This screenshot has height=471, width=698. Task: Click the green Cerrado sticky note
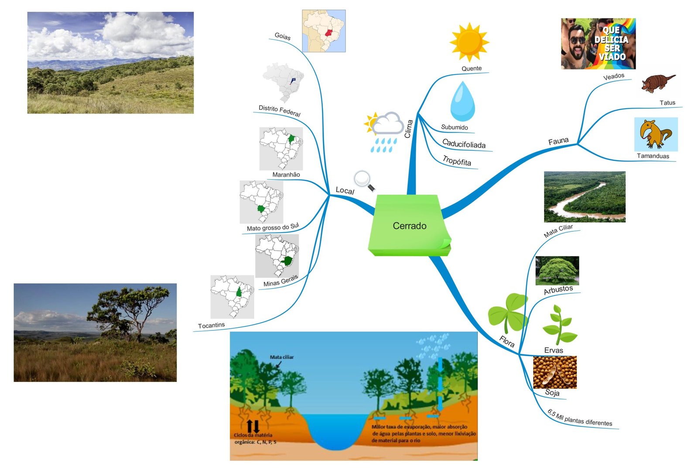[x=409, y=225]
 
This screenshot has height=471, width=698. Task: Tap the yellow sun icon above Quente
[x=469, y=42]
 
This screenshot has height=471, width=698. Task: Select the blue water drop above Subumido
[x=462, y=102]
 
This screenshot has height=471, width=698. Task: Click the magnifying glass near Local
[x=364, y=180]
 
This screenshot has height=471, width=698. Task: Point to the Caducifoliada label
[x=464, y=144]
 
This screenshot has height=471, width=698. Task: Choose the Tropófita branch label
[x=457, y=161]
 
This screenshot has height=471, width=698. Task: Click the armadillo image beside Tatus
[x=657, y=83]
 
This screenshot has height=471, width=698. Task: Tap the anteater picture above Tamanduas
[x=656, y=134]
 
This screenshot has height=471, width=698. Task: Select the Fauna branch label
[x=558, y=141]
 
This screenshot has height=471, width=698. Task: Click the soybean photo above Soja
[x=554, y=372]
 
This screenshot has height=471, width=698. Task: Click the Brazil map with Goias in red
[x=324, y=31]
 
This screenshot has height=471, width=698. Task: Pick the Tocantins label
[x=211, y=326]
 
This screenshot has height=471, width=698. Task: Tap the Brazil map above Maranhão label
[x=281, y=148]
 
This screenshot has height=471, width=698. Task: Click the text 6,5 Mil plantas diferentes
[x=580, y=419]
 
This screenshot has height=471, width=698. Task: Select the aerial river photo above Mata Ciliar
[x=585, y=196]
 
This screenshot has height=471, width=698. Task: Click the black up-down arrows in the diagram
[x=253, y=426]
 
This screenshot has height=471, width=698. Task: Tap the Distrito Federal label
[x=279, y=110]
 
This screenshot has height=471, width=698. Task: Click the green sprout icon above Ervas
[x=559, y=325]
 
